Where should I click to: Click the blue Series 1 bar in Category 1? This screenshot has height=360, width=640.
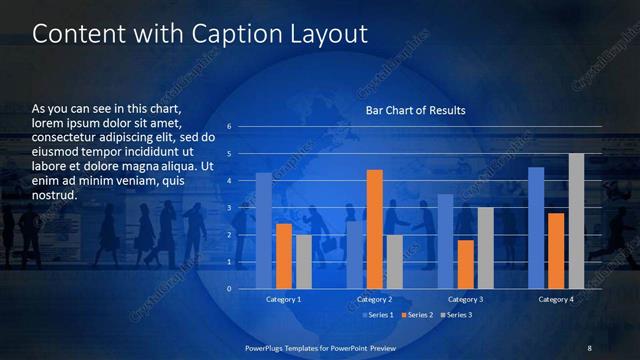(264, 231)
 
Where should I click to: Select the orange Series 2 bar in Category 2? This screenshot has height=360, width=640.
(374, 229)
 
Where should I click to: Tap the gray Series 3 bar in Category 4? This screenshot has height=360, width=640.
(576, 221)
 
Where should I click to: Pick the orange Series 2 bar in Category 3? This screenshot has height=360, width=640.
(465, 264)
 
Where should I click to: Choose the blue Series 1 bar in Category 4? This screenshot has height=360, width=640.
(536, 228)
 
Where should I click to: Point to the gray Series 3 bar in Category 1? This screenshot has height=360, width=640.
(303, 262)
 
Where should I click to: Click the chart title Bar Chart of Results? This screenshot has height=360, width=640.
(415, 110)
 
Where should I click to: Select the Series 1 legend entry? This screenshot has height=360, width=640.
(377, 315)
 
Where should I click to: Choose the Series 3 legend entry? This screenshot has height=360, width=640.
(457, 315)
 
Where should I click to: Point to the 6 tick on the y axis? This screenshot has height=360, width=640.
(229, 127)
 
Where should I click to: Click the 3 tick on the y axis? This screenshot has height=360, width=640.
(229, 208)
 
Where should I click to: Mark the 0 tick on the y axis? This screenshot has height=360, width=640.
(229, 289)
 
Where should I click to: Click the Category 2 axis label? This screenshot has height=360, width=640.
(374, 300)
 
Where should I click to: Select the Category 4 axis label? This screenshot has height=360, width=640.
(556, 300)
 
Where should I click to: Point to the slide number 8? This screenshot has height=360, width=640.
(589, 347)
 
